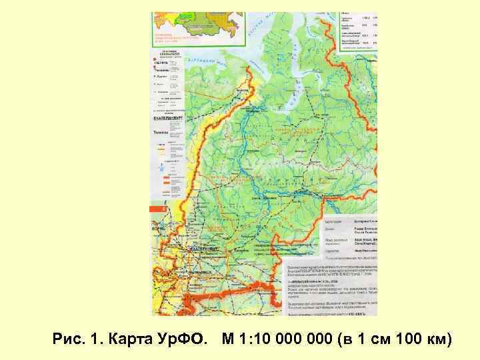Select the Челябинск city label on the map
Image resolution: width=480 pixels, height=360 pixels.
click(201, 273)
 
